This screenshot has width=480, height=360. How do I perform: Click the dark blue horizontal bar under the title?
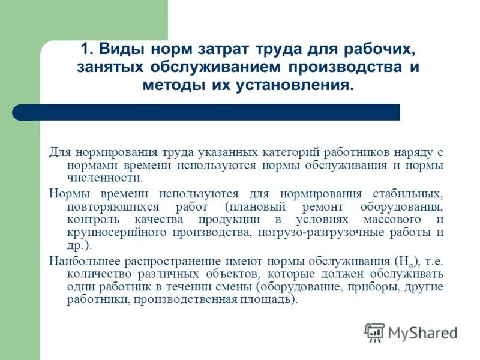pyautogui.click(x=210, y=112)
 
